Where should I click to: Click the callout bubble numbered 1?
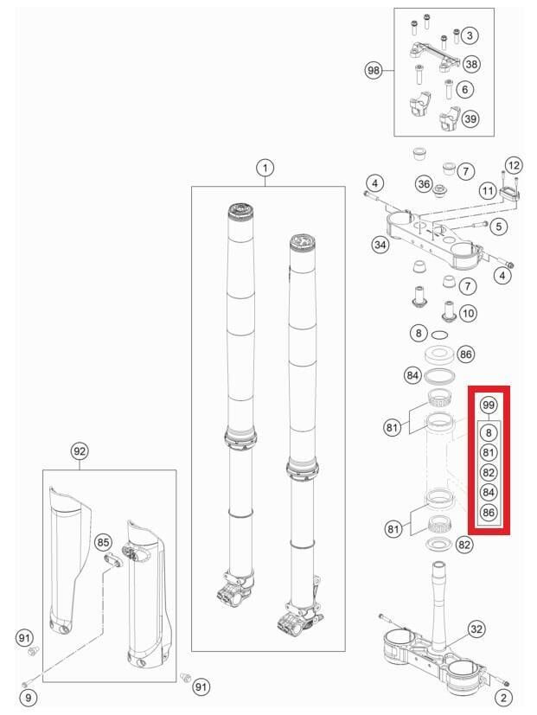(265, 169)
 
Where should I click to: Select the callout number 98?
(374, 71)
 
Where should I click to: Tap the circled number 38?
(471, 64)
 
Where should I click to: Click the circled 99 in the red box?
(489, 405)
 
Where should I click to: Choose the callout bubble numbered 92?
(80, 451)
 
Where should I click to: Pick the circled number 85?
(103, 542)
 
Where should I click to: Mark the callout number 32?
(476, 629)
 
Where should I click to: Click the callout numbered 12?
(514, 165)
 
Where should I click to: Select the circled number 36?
(424, 184)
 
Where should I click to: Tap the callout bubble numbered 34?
(380, 246)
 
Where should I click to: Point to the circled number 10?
(468, 313)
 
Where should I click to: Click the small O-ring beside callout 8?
(439, 335)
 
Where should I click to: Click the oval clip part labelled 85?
(112, 560)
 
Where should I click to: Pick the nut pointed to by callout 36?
(440, 188)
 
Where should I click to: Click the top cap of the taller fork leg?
(241, 210)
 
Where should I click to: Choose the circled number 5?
(498, 226)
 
